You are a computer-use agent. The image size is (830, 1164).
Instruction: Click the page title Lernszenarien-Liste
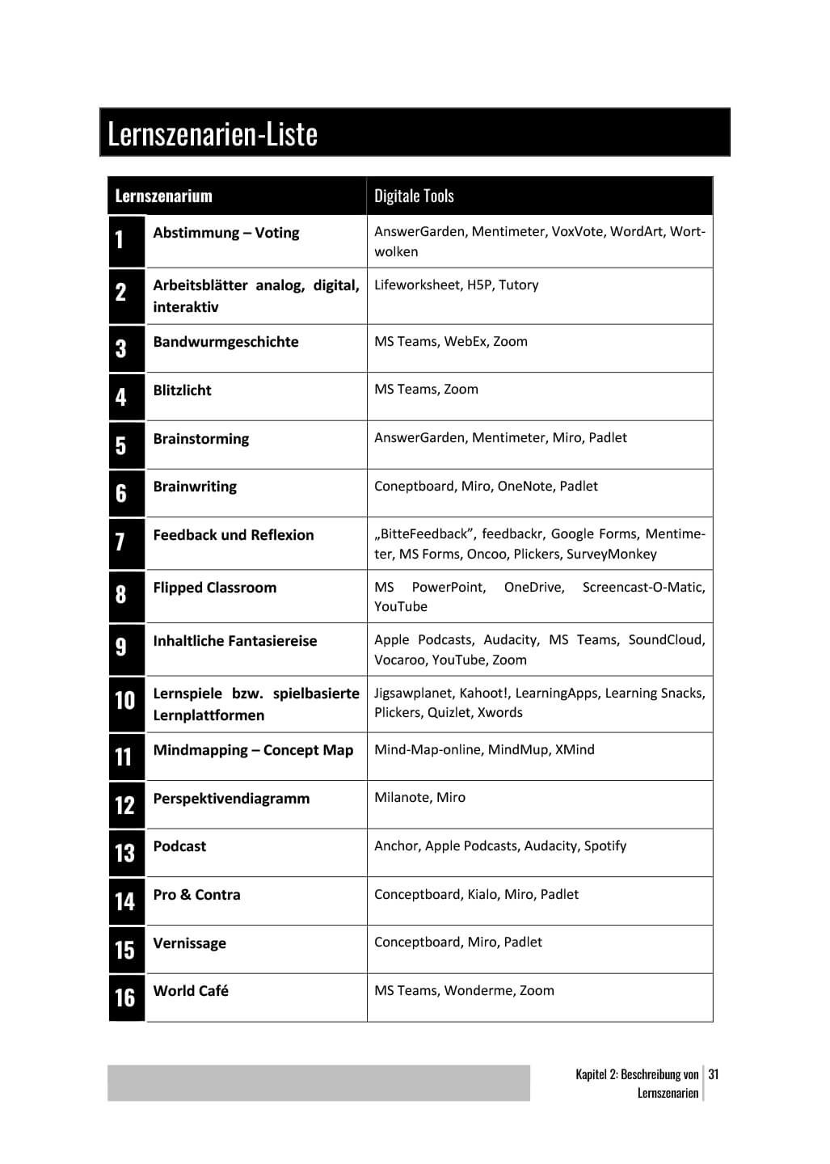213,133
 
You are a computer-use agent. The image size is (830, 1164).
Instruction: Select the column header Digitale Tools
414,196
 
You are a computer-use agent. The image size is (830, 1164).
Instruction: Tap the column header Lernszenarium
163,196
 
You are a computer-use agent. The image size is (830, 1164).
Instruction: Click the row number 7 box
121,542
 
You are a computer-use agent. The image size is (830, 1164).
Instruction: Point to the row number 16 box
125,997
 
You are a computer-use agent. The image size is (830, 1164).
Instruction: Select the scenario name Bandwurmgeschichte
225,342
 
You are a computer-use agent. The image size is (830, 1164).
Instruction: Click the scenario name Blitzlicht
182,390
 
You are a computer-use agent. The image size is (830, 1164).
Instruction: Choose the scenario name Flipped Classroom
214,588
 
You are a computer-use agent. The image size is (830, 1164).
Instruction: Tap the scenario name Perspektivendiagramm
231,799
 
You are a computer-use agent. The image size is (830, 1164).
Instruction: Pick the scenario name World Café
191,991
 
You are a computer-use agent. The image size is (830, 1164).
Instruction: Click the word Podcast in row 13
179,846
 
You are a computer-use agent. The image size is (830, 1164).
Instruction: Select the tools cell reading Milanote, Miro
419,798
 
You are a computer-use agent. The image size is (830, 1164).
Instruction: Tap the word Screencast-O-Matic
643,587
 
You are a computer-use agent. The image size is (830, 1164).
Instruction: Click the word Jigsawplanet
413,693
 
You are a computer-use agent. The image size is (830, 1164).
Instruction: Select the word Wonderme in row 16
478,990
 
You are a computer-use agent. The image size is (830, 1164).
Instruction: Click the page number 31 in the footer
714,1074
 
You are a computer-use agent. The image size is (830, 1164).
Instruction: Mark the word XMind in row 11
575,749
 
